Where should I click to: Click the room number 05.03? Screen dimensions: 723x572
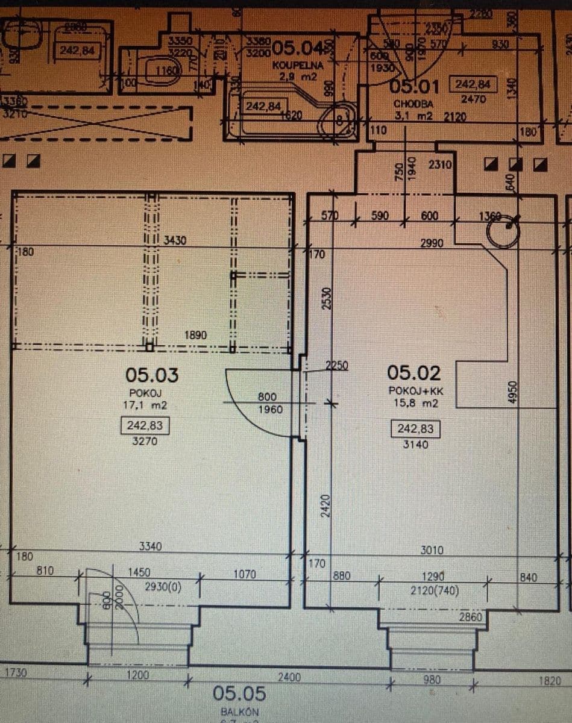pos(152,375)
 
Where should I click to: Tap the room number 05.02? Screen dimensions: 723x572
pos(413,373)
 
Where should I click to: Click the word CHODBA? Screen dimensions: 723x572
pos(413,104)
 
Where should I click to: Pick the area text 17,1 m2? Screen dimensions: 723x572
pos(145,405)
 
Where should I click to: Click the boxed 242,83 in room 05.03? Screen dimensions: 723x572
pos(144,426)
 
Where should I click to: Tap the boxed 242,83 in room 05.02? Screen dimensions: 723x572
pos(415,429)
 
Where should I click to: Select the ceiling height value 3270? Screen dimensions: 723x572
pos(144,441)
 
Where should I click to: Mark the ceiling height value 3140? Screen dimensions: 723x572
pos(415,445)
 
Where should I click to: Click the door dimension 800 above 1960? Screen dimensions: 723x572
pos(266,397)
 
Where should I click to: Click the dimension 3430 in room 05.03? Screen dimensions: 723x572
pos(175,241)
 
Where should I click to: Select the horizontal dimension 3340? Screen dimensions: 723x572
pos(149,546)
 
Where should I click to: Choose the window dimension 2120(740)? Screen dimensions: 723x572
pos(434,590)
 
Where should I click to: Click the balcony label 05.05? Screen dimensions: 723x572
pos(239,694)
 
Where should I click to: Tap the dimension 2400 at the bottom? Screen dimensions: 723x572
pos(288,678)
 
